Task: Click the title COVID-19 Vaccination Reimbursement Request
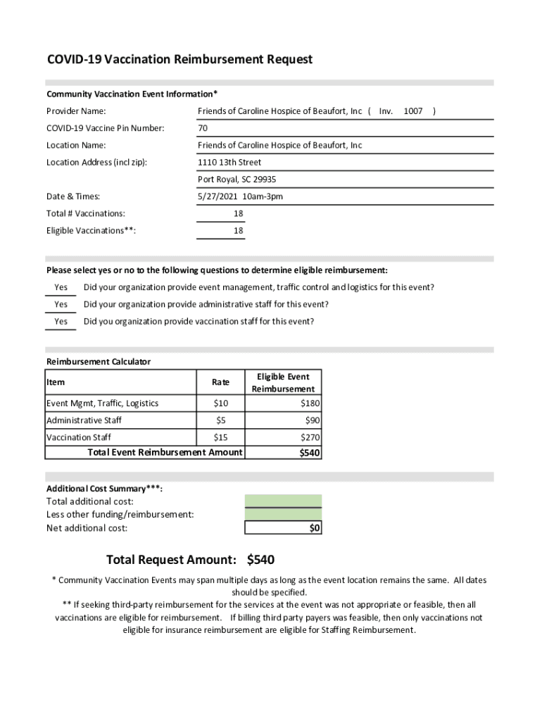point(179,60)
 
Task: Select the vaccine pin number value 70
point(203,128)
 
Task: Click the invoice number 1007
point(413,111)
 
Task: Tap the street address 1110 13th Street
point(229,163)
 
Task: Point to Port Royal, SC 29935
point(237,180)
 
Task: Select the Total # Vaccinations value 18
point(239,213)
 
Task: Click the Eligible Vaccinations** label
point(92,231)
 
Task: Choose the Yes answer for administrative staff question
point(61,305)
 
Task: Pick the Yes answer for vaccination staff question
point(61,322)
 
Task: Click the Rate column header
point(220,382)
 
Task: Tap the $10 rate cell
point(220,403)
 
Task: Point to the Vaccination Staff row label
point(79,437)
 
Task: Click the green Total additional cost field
point(283,501)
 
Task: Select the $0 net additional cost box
point(283,528)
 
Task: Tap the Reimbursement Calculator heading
point(99,362)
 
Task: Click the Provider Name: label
point(76,111)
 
